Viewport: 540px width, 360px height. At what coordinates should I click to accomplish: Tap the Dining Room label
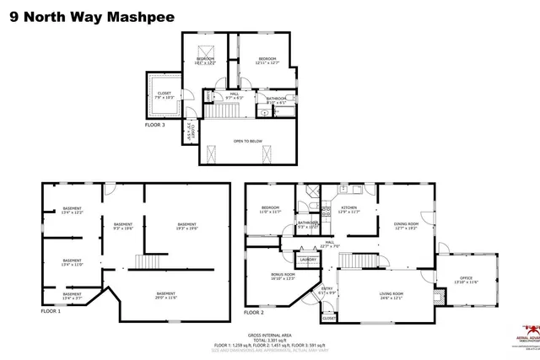tap(406, 225)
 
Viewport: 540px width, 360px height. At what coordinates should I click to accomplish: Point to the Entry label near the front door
tap(327, 291)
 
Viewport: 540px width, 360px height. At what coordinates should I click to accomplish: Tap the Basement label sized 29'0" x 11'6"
tap(165, 295)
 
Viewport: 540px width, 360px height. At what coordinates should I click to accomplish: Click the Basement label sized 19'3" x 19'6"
tap(186, 225)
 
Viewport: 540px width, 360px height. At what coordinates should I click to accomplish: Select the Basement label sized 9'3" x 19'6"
tap(123, 225)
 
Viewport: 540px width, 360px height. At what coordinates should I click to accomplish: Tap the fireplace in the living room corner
tap(436, 298)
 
